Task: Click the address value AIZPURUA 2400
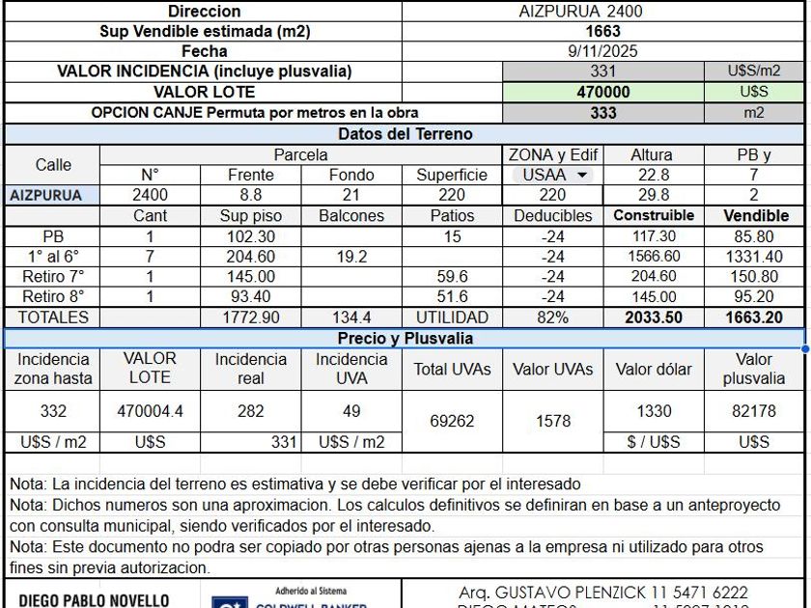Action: point(580,12)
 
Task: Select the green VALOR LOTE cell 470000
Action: point(603,92)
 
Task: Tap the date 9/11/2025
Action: point(603,51)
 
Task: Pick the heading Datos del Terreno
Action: point(405,134)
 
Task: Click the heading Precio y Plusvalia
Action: point(405,339)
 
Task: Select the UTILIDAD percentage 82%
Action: point(552,318)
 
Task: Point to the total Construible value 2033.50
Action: point(653,318)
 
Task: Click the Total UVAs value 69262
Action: point(452,421)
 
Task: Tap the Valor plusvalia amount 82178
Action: point(754,411)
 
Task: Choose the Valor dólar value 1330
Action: point(654,411)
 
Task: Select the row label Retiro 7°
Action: point(53,277)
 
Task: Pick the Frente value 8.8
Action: point(251,195)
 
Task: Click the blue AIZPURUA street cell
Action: point(46,195)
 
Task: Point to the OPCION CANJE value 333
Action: point(603,112)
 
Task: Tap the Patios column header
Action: point(452,216)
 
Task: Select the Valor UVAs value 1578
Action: point(552,421)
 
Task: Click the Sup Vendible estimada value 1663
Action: point(603,31)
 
